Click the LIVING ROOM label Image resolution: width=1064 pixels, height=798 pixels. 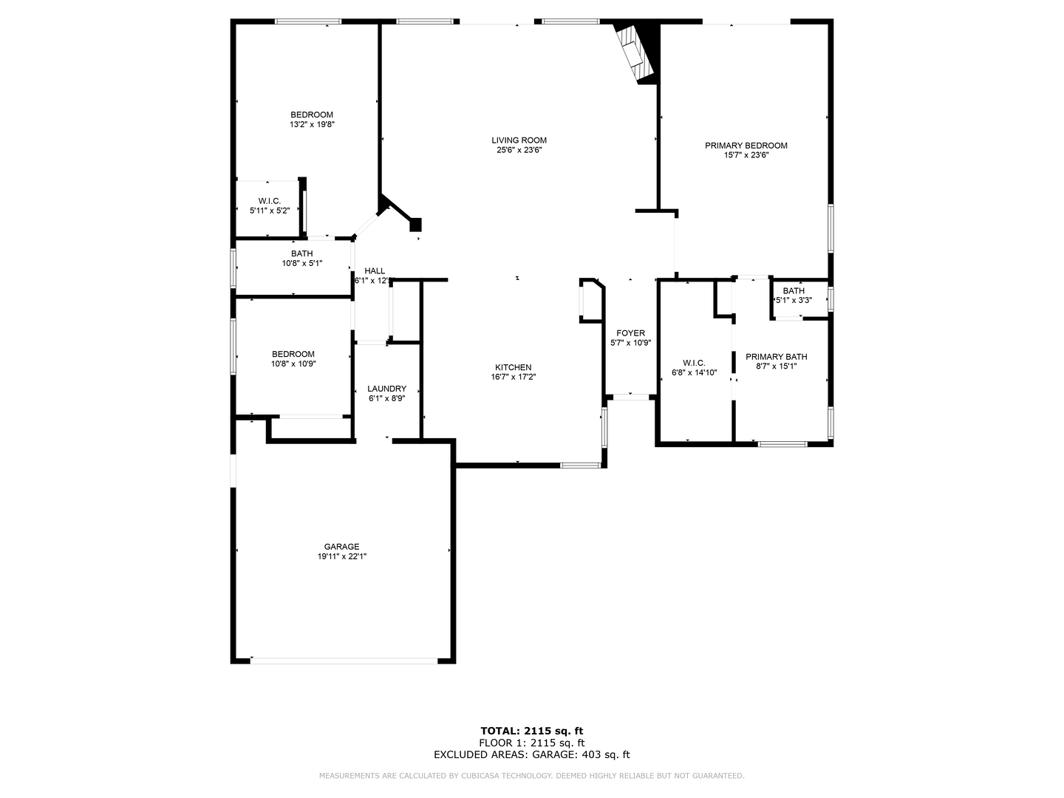tap(519, 140)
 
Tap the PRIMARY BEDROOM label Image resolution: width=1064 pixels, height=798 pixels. tap(746, 146)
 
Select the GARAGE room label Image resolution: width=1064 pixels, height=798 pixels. tap(341, 547)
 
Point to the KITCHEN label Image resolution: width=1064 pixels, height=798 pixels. tap(513, 367)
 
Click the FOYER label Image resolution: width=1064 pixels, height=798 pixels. tap(630, 333)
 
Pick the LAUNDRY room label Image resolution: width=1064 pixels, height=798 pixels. tap(386, 389)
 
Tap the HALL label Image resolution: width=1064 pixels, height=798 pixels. tap(375, 271)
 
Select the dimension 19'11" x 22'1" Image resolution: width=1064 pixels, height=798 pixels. tap(341, 557)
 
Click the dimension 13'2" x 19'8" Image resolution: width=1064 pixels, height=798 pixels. tap(312, 125)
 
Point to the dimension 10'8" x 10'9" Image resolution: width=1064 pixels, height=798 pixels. tap(293, 364)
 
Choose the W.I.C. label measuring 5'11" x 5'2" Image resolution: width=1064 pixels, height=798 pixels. tap(269, 201)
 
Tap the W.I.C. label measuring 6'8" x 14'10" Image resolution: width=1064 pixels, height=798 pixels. tap(694, 363)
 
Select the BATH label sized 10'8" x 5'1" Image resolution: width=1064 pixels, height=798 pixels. tap(301, 253)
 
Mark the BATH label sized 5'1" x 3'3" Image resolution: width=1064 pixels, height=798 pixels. tap(794, 290)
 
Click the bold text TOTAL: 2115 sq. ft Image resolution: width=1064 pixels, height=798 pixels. tap(532, 731)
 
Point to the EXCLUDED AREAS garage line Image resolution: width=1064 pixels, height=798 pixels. tap(532, 754)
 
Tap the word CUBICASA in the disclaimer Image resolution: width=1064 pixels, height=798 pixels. tap(482, 776)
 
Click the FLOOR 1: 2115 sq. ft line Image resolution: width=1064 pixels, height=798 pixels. tap(532, 743)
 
